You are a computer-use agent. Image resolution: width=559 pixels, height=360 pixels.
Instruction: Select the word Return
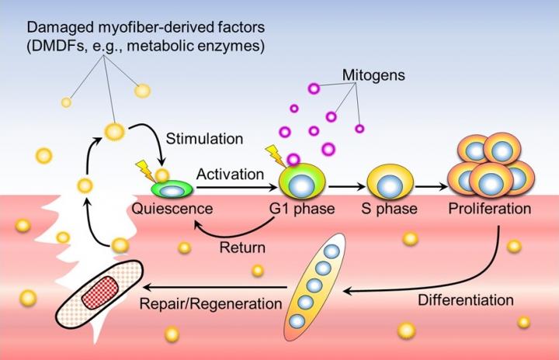tap(242, 249)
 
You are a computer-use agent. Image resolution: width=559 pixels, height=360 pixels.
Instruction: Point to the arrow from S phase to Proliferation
tap(432, 186)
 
